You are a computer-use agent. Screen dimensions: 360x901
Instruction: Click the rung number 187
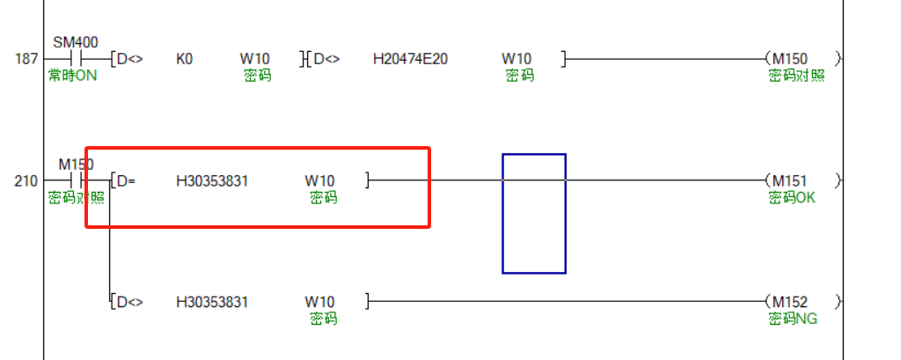coord(26,59)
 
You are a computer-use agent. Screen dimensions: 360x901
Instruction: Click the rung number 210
coord(26,181)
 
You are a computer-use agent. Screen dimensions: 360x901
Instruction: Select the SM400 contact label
coord(76,42)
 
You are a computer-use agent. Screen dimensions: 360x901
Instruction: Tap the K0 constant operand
coord(185,59)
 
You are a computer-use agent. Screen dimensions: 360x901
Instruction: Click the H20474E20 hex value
coord(410,59)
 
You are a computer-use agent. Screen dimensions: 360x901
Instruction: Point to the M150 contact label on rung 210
coord(76,165)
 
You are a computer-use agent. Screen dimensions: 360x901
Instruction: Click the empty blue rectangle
coord(533,214)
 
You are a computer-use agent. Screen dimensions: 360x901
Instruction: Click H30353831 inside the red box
coord(212,181)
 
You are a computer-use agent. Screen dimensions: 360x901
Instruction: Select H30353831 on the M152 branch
coord(212,302)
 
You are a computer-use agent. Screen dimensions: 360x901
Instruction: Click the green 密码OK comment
coord(792,197)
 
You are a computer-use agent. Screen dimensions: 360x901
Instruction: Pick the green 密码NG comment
coord(792,318)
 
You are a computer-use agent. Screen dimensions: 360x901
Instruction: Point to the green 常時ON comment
coord(72,76)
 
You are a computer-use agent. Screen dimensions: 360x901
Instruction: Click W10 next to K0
coord(254,59)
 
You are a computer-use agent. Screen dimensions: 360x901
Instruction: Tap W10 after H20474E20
coord(516,59)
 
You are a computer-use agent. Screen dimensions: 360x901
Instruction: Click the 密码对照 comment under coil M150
coord(796,76)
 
